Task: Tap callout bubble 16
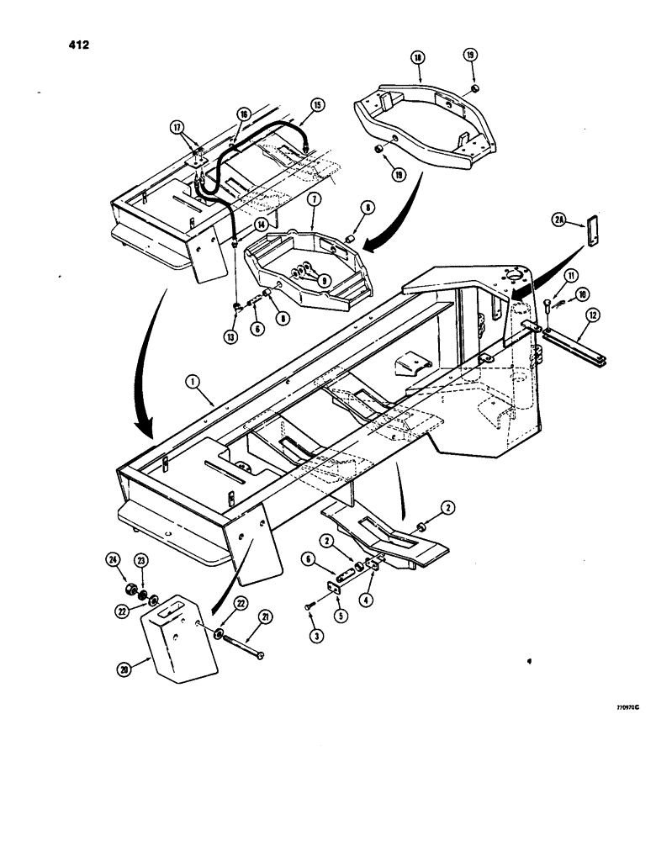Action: pos(244,114)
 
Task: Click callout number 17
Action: pos(177,128)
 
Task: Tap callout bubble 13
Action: pos(229,338)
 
